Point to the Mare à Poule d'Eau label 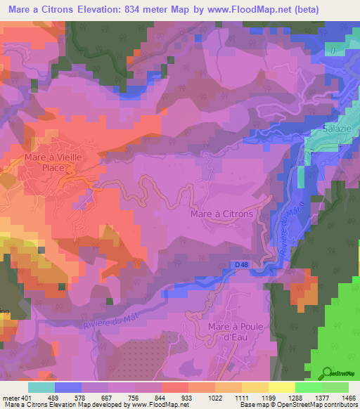pos(239,333)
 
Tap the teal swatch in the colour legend pos(41,387)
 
